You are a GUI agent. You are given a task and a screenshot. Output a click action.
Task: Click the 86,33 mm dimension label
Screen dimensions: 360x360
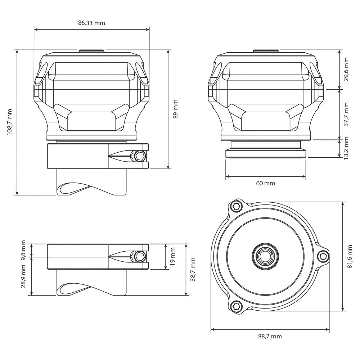click(x=91, y=23)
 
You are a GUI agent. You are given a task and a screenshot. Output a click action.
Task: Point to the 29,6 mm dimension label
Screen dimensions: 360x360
click(x=346, y=69)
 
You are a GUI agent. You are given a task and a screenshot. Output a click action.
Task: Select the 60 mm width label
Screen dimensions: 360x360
click(x=265, y=183)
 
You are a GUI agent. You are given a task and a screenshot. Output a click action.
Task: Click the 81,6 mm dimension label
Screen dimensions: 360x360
click(x=350, y=256)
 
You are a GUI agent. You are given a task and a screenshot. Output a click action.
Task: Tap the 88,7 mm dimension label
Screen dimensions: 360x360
click(x=270, y=337)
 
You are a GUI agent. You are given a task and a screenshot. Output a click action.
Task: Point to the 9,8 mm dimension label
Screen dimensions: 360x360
click(x=24, y=250)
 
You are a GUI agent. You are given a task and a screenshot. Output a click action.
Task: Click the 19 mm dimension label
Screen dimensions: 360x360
click(x=172, y=256)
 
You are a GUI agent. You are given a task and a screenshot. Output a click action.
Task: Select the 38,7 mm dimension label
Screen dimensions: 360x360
click(x=193, y=269)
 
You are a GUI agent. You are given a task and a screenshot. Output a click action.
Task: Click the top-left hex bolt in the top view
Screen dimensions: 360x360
click(x=236, y=206)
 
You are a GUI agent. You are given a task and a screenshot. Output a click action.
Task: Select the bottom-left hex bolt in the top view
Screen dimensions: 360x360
click(x=236, y=306)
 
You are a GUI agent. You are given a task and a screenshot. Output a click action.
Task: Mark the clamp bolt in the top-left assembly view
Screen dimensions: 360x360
click(x=139, y=156)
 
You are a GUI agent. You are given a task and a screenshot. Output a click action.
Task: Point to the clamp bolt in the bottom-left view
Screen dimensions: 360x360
click(x=139, y=256)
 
